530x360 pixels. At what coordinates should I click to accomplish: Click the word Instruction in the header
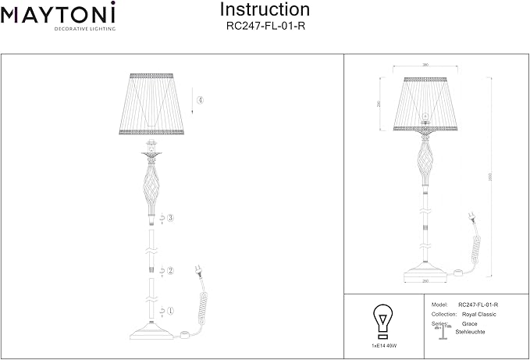265,10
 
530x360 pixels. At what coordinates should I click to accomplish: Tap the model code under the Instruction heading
265,25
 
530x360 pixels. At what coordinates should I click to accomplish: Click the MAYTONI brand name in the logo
59,12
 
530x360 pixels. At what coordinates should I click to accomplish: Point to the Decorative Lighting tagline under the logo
84,28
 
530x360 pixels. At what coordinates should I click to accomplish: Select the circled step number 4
201,101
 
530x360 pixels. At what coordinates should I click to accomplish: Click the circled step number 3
169,218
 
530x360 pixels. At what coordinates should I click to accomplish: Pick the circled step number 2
169,270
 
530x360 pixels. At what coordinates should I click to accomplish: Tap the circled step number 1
169,310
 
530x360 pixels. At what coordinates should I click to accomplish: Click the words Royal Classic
478,314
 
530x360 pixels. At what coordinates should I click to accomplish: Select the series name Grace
470,323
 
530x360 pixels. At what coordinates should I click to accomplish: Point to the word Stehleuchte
470,331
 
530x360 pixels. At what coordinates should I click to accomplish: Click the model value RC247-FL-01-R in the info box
478,304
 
